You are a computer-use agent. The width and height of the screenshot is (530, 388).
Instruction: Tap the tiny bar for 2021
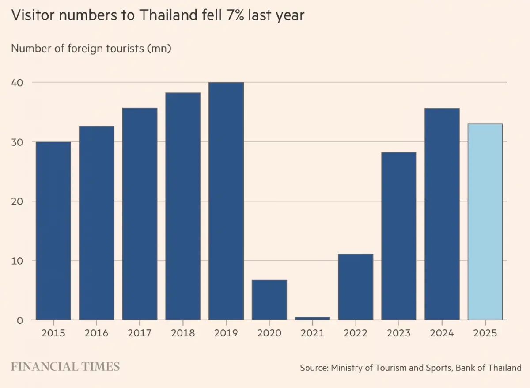tap(312, 318)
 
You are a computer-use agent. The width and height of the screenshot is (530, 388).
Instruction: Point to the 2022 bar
tap(356, 287)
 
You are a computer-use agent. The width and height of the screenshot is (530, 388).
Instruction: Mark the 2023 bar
tap(399, 236)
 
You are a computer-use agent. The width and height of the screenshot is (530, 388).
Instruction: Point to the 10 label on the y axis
tap(17, 261)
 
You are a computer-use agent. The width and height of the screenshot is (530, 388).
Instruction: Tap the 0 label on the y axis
tap(19, 320)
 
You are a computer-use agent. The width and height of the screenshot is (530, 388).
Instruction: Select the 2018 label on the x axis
tap(183, 333)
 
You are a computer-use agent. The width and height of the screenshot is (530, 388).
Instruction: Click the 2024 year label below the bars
tap(442, 333)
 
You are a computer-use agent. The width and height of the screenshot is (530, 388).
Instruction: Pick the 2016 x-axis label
tap(96, 333)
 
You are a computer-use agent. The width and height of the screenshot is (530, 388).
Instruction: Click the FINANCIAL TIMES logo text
tap(65, 367)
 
